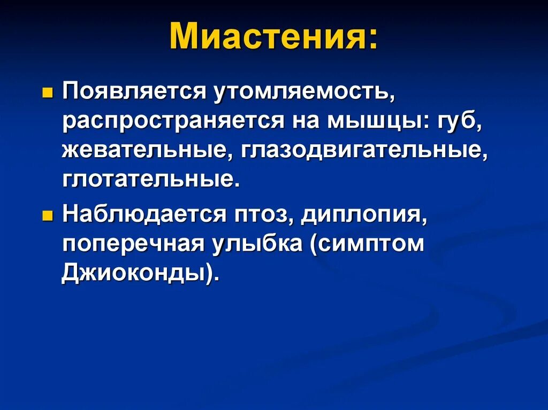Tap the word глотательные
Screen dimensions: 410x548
pyautogui.click(x=148, y=179)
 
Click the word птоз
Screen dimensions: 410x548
pyautogui.click(x=259, y=215)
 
